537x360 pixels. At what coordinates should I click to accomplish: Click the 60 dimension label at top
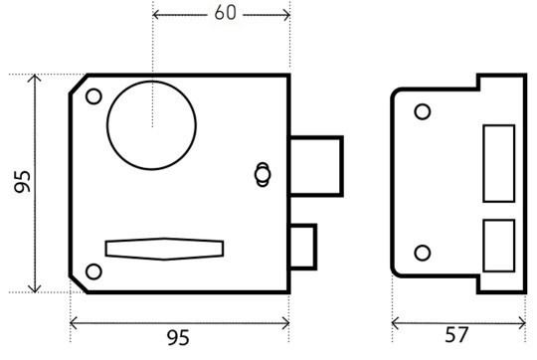(x=226, y=13)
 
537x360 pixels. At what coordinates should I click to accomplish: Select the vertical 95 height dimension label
(x=23, y=182)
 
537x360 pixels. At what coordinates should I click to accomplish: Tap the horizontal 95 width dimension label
(x=178, y=337)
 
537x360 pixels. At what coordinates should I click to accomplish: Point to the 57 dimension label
(x=456, y=335)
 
